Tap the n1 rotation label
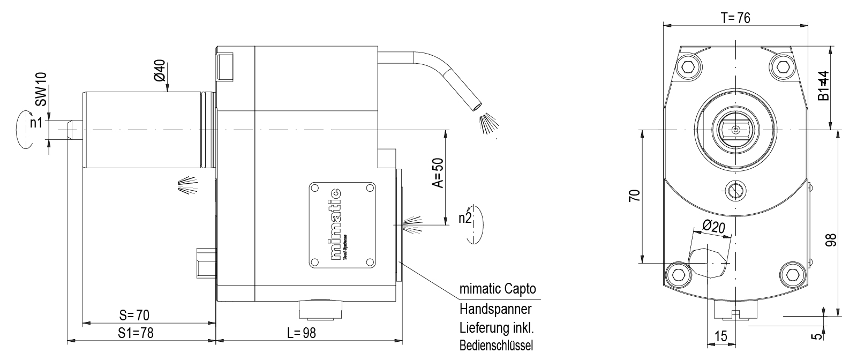pos(36,123)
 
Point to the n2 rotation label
pos(464,218)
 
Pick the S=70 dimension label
pos(134,314)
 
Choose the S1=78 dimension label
pos(136,333)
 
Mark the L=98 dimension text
pos(301,333)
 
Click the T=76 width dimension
pos(735,18)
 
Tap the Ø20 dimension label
pos(713,227)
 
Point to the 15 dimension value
pos(721,336)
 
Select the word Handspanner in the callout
pos(495,309)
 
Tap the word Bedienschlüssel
pos(496,345)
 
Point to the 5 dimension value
pos(815,336)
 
